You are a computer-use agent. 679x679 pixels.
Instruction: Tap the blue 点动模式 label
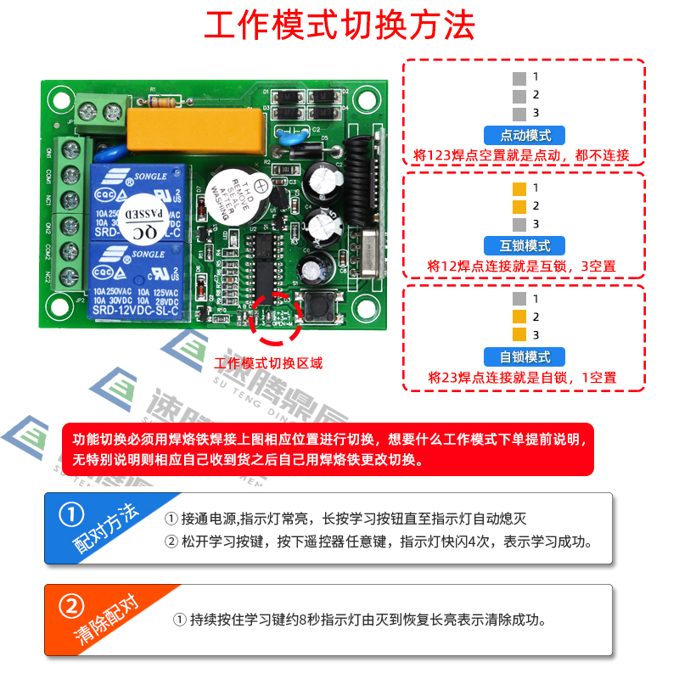(524, 135)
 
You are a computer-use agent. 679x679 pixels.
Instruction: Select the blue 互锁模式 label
(524, 246)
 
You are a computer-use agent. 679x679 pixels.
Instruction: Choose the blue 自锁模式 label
(524, 357)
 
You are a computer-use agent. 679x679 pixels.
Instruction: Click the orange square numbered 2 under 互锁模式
(519, 206)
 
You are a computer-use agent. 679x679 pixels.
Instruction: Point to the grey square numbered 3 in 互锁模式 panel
(519, 224)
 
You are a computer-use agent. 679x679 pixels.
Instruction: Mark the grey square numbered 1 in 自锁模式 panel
(519, 299)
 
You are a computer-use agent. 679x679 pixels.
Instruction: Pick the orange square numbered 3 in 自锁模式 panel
(519, 335)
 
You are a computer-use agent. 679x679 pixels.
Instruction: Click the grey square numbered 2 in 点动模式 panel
(519, 95)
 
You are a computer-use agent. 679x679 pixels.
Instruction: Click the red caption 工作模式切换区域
(269, 363)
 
